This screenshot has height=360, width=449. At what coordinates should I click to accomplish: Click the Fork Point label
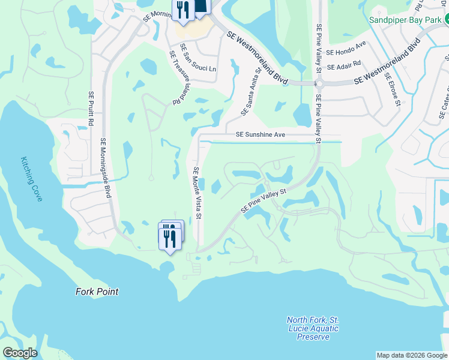pyautogui.click(x=97, y=292)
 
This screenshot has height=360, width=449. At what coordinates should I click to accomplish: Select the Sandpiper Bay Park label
pyautogui.click(x=405, y=19)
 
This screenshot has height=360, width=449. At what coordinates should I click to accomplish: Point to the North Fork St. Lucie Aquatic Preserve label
pyautogui.click(x=313, y=328)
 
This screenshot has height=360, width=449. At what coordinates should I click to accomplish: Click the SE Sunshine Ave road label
pyautogui.click(x=260, y=135)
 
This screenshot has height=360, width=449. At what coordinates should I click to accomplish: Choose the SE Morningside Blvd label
pyautogui.click(x=106, y=168)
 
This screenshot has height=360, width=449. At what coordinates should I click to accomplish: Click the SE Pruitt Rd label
pyautogui.click(x=91, y=109)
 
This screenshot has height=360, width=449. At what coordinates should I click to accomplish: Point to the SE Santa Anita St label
pyautogui.click(x=251, y=92)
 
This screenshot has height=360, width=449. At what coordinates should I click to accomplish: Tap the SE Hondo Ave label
pyautogui.click(x=346, y=49)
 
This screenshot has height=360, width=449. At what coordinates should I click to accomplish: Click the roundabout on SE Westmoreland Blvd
pyautogui.click(x=319, y=84)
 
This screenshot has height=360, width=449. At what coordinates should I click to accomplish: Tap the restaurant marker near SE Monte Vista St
pyautogui.click(x=170, y=238)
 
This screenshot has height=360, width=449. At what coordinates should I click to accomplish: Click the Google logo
pyautogui.click(x=20, y=353)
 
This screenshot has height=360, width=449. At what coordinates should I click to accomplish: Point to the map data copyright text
pyautogui.click(x=411, y=355)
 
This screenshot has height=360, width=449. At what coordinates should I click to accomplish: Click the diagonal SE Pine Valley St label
pyautogui.click(x=265, y=201)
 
